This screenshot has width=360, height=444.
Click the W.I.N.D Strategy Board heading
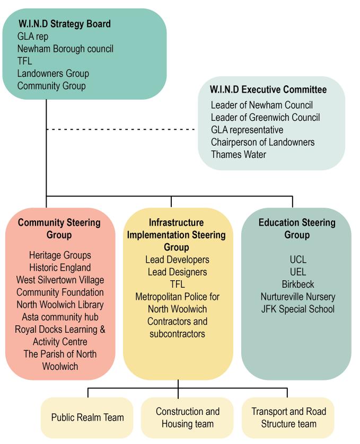click(65, 24)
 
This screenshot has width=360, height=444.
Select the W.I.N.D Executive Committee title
click(268, 90)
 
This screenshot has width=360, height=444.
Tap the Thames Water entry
click(239, 154)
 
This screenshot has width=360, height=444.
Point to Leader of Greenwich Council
click(265, 117)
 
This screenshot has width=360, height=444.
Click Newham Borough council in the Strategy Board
click(65, 49)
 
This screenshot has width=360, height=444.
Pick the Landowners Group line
click(53, 73)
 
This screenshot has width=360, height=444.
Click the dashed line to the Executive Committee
click(121, 129)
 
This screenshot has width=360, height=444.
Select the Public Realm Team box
click(87, 418)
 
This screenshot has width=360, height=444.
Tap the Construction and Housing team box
click(187, 418)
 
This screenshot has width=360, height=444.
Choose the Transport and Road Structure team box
click(288, 418)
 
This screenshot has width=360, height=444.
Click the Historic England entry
click(60, 268)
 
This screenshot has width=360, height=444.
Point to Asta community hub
click(60, 317)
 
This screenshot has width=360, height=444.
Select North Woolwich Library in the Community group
click(60, 305)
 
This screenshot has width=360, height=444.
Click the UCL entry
click(298, 260)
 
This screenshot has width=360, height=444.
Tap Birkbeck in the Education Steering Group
click(298, 284)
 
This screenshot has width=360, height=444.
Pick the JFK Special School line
click(298, 309)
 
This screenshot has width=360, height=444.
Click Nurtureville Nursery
click(298, 297)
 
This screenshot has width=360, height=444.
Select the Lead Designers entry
click(178, 272)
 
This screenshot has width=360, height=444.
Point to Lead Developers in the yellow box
click(178, 260)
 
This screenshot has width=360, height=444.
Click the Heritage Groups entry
click(60, 255)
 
